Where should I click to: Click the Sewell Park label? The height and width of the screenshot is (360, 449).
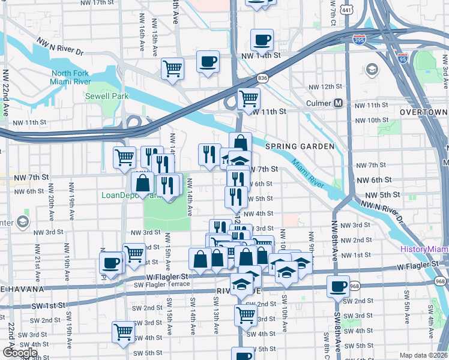pos(103,95)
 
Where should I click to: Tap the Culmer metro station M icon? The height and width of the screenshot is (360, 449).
pos(339,103)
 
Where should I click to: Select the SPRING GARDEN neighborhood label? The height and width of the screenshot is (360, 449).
pos(300,146)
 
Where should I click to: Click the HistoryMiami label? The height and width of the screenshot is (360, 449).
pos(424,250)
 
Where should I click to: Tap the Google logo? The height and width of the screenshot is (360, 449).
pos(20,352)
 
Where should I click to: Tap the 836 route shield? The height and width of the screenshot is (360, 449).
pos(262,77)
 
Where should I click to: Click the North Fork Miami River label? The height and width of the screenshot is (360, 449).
pos(71,77)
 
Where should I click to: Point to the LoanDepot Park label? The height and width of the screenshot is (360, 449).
pos(130,195)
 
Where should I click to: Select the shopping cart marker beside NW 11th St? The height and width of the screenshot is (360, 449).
pos(249,98)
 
